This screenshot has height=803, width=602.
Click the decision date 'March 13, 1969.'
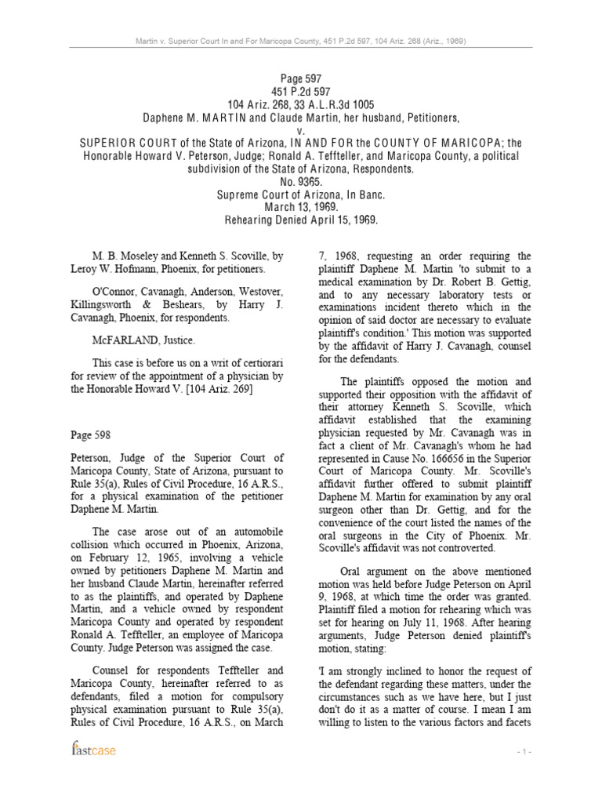click(x=301, y=208)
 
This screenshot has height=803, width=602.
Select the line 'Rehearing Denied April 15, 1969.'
click(x=301, y=220)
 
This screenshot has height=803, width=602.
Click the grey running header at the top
click(x=301, y=42)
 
